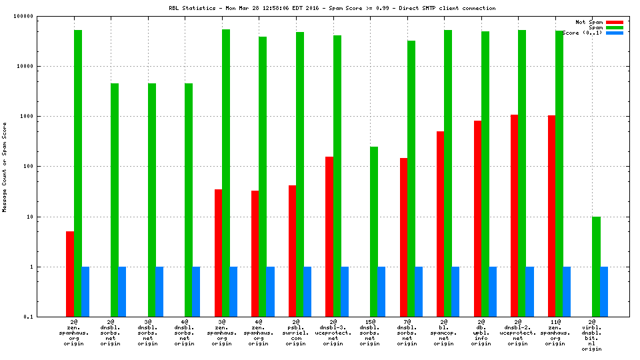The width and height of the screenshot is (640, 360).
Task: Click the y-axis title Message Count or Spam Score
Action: point(5,167)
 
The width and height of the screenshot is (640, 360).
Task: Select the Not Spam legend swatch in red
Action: point(614,22)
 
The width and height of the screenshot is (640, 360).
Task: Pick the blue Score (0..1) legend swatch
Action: point(614,33)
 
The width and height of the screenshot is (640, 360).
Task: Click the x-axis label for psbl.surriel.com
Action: point(296,333)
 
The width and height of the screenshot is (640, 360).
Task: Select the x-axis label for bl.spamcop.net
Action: point(444,333)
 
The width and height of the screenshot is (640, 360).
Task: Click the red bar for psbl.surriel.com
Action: point(292,251)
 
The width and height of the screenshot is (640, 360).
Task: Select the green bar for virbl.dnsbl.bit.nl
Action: point(596,267)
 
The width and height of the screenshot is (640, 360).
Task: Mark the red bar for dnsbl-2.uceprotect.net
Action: point(514,215)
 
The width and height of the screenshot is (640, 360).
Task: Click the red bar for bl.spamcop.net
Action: point(440,224)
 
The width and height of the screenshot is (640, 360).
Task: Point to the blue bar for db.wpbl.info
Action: point(493,291)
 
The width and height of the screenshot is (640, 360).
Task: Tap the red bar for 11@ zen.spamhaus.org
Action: point(551,216)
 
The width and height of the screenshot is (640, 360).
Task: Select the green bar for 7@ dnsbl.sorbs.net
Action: point(411,179)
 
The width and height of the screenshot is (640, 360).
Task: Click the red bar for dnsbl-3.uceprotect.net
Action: point(329,237)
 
